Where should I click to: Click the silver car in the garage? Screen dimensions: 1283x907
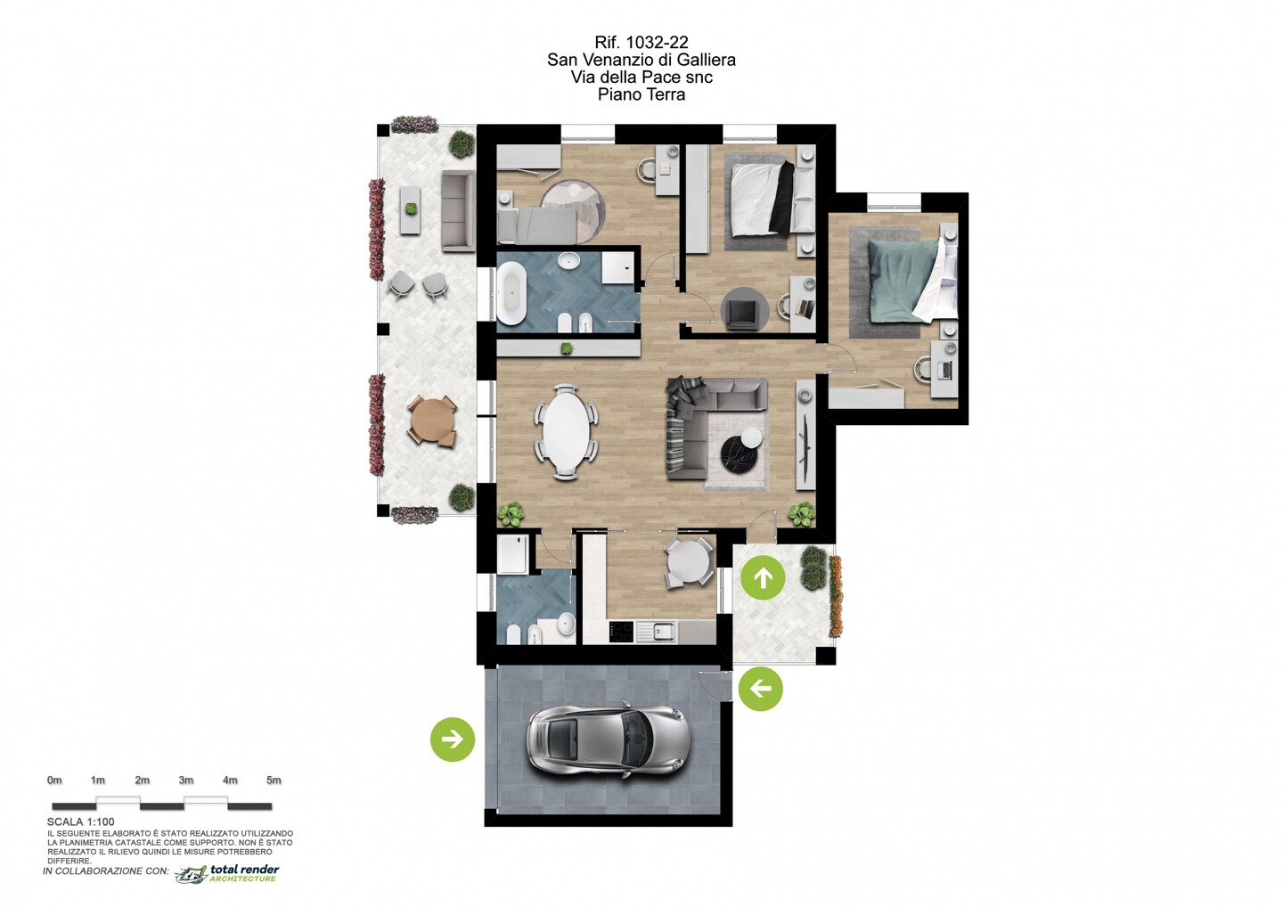pyautogui.click(x=606, y=740)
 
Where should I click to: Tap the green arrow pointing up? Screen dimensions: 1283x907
pyautogui.click(x=763, y=577)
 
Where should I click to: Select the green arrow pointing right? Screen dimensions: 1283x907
pyautogui.click(x=453, y=739)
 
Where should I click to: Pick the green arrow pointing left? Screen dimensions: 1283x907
pyautogui.click(x=761, y=688)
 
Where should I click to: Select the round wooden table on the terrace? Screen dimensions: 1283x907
pyautogui.click(x=432, y=420)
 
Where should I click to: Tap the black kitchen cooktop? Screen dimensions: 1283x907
pyautogui.click(x=623, y=633)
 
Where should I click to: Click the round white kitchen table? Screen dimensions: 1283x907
pyautogui.click(x=691, y=562)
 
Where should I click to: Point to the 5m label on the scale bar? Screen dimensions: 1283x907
pyautogui.click(x=274, y=780)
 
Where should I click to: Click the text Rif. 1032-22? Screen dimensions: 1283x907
pyautogui.click(x=641, y=42)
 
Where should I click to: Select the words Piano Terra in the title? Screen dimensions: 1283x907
pyautogui.click(x=641, y=94)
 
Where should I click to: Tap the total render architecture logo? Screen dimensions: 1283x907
pyautogui.click(x=227, y=873)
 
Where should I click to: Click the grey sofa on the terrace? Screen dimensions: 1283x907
pyautogui.click(x=458, y=212)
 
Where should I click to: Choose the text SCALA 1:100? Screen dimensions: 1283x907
pyautogui.click(x=81, y=821)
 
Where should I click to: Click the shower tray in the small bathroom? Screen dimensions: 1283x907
pyautogui.click(x=511, y=554)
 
